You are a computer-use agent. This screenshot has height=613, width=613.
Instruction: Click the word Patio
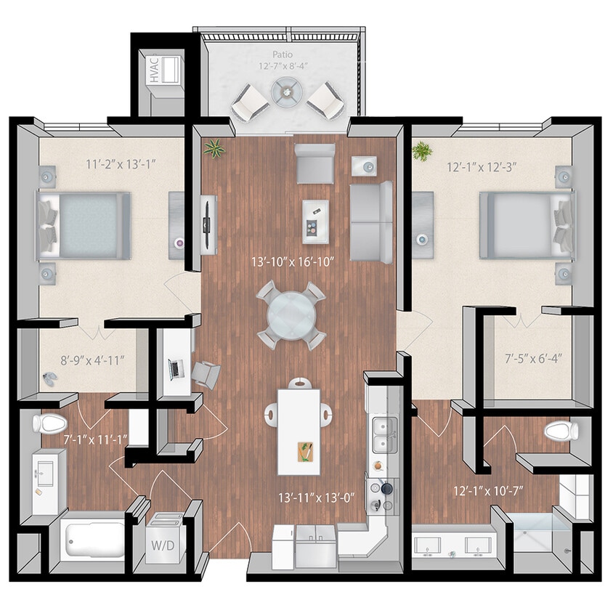283,54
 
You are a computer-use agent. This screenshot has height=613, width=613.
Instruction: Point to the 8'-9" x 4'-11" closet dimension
83,358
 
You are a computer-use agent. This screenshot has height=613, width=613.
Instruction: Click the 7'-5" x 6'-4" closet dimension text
534,357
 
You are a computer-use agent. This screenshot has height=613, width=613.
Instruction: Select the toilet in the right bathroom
560,431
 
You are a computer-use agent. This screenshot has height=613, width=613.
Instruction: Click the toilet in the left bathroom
49,423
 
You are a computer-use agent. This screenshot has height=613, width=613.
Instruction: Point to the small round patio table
287,92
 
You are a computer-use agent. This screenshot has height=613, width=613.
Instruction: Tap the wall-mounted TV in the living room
208,224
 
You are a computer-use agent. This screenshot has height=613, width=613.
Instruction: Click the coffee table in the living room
314,221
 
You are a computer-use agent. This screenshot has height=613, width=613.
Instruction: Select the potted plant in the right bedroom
421,151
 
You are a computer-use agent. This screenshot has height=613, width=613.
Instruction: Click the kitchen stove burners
381,493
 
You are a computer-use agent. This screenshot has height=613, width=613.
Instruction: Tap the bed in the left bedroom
86,225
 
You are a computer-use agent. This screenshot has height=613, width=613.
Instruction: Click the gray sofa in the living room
371,222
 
